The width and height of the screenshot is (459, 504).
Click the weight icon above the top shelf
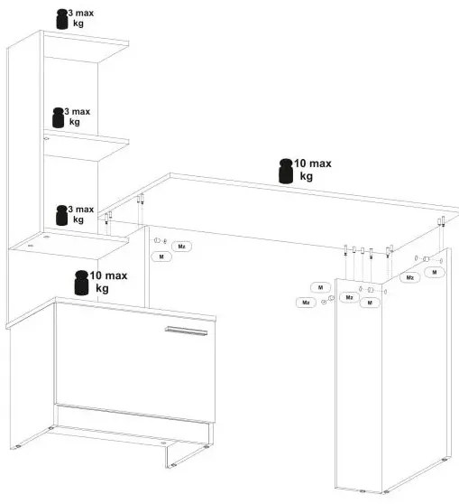click(62, 19)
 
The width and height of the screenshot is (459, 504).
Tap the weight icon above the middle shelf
click(58, 117)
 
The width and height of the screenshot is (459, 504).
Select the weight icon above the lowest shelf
click(61, 215)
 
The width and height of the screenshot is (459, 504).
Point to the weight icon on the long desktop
click(286, 172)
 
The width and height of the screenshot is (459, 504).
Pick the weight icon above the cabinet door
click(81, 283)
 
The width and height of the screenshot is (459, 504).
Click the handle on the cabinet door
click(186, 331)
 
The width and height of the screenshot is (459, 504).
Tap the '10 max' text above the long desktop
click(313, 163)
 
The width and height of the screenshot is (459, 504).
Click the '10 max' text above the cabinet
click(108, 275)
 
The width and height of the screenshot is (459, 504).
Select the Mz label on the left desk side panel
click(181, 247)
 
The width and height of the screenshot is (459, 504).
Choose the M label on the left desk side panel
click(161, 257)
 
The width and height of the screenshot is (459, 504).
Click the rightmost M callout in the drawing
click(435, 272)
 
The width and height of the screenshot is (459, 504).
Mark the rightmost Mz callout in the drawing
click(410, 277)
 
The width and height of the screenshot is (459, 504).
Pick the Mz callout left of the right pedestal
click(306, 303)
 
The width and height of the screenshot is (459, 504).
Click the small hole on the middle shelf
click(46, 139)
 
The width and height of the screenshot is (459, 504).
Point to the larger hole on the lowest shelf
click(47, 238)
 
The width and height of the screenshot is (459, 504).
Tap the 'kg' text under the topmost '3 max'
click(78, 23)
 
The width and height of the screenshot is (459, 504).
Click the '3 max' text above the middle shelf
click(77, 111)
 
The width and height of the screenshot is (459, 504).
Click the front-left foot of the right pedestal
click(363, 491)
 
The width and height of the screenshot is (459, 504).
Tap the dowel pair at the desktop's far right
click(441, 222)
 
